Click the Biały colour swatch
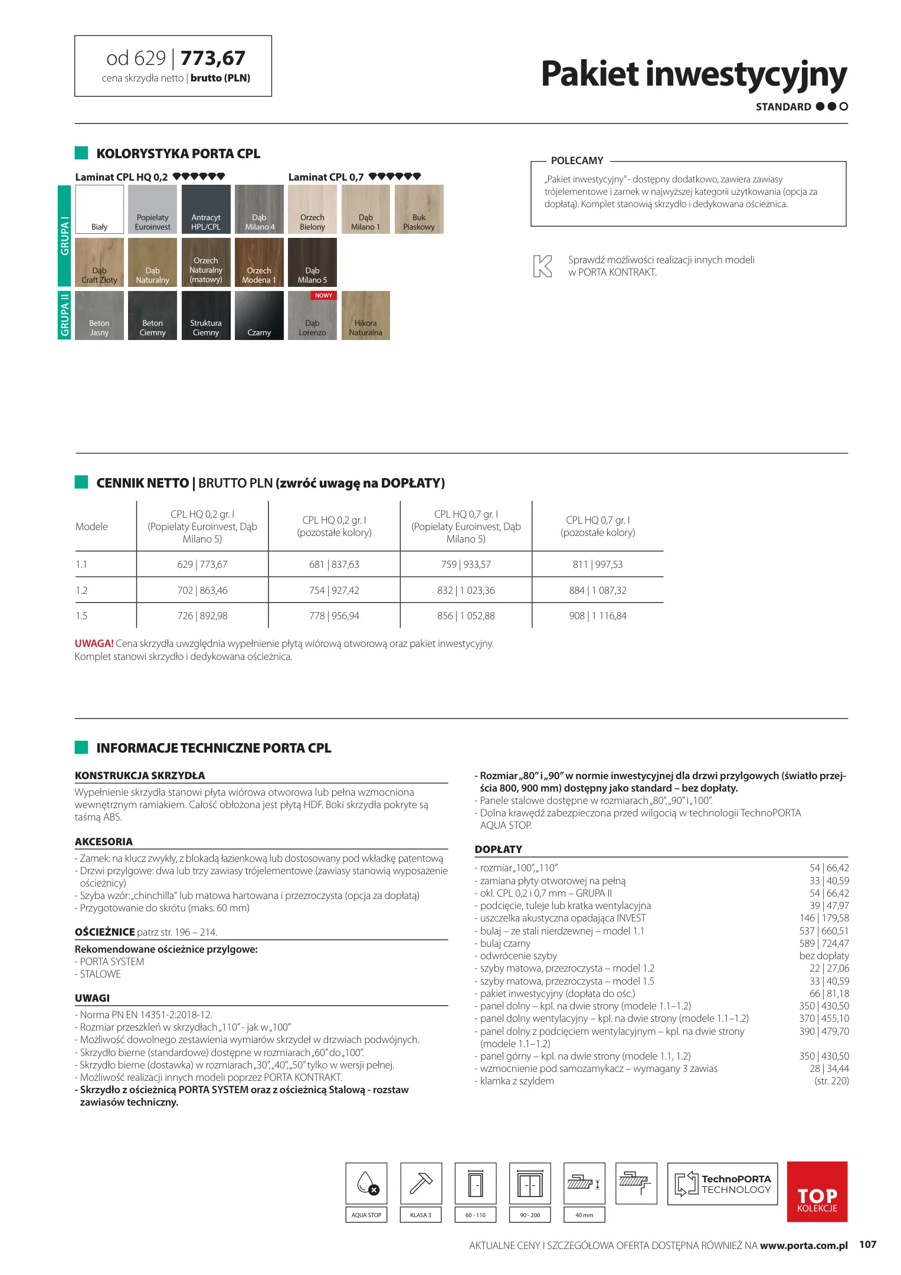pos(99,209)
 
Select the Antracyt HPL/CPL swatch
pos(206,209)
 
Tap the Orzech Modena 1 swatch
pos(259,262)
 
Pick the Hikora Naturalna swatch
pos(365,315)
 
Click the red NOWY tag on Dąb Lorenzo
pos(323,295)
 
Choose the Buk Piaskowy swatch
pos(419,209)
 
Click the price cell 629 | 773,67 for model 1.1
pos(202,564)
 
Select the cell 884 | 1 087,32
pos(597,590)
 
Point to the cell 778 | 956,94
pos(334,616)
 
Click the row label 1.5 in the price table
pos(81,616)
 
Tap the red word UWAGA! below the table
pos(94,643)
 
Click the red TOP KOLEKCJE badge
pos(817,1191)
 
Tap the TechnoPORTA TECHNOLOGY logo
pos(722,1184)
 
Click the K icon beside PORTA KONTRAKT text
pos(542,266)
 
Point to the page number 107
pos(867,1244)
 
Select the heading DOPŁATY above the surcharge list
pos(498,849)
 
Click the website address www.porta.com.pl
pos(803,1245)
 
